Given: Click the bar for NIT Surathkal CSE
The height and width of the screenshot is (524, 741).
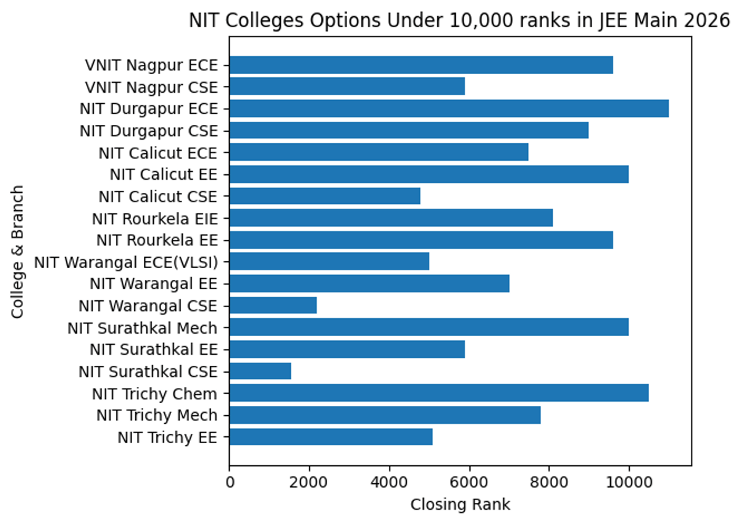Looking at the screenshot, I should tap(260, 371).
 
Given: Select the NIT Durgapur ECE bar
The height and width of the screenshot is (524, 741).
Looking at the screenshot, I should tap(449, 109).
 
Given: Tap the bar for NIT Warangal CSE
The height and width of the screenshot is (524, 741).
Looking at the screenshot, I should tap(273, 306).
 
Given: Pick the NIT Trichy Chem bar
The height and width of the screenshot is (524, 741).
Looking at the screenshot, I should tap(438, 393).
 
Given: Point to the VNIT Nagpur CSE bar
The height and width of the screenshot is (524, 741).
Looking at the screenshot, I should tap(347, 87).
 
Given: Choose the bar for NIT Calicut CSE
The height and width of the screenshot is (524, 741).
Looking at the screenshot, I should tap(325, 196).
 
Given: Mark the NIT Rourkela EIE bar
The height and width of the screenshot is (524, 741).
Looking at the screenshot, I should tap(391, 218).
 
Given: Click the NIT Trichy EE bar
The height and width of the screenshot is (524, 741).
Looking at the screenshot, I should tap(331, 437).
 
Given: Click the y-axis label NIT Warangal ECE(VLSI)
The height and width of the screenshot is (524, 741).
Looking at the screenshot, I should tap(126, 263).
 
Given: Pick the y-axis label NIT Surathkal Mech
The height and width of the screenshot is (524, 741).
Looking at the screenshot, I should tap(143, 327).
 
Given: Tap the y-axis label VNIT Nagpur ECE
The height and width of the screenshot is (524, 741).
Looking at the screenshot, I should tap(152, 65).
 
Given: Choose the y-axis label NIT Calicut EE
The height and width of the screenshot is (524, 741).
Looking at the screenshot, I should tap(164, 175).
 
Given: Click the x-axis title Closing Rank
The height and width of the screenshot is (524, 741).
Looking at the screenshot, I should tap(460, 505).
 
